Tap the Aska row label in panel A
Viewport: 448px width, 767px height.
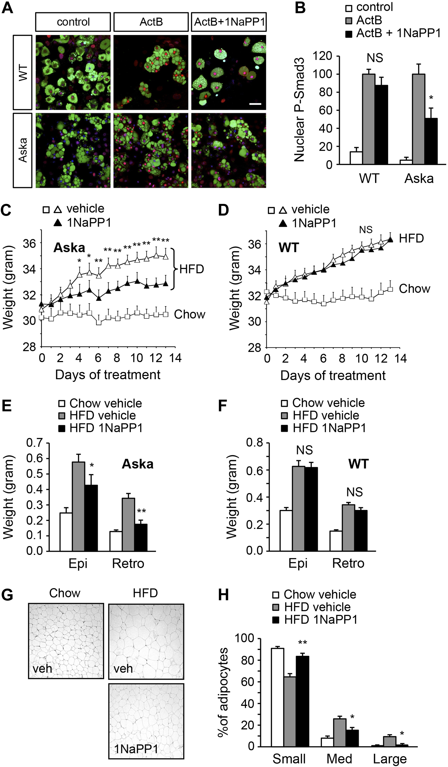tap(22, 150)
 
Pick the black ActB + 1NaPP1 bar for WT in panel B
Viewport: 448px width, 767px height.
tap(381, 125)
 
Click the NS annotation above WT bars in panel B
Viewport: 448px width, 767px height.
tap(375, 58)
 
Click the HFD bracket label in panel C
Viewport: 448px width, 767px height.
tap(191, 269)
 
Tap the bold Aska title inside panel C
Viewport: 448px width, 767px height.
tap(69, 248)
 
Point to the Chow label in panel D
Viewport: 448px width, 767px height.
tap(414, 289)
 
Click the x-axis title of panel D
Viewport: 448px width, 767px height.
tap(333, 375)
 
